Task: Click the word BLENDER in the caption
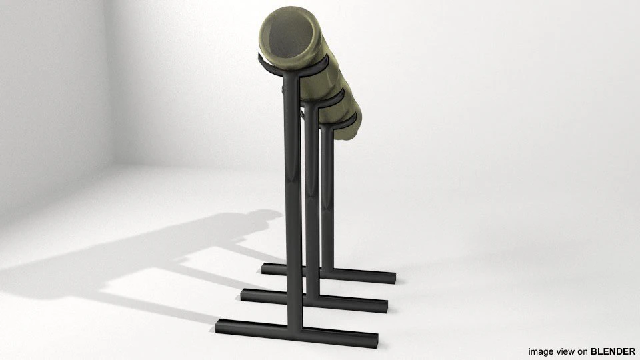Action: click(613, 351)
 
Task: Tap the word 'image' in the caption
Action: click(541, 351)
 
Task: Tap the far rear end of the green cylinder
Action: click(357, 123)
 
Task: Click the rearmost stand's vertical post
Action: click(327, 193)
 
